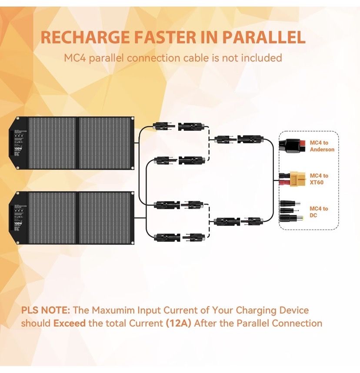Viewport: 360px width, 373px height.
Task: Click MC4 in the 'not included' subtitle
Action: click(x=75, y=58)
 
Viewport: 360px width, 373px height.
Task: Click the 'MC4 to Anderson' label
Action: click(x=322, y=146)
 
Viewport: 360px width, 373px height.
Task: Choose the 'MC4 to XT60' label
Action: click(x=319, y=179)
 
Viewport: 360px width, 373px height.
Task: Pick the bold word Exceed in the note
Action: click(x=69, y=323)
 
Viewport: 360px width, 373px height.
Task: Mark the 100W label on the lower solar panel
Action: click(x=17, y=224)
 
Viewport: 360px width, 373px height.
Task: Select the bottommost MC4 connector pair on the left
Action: click(x=178, y=237)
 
